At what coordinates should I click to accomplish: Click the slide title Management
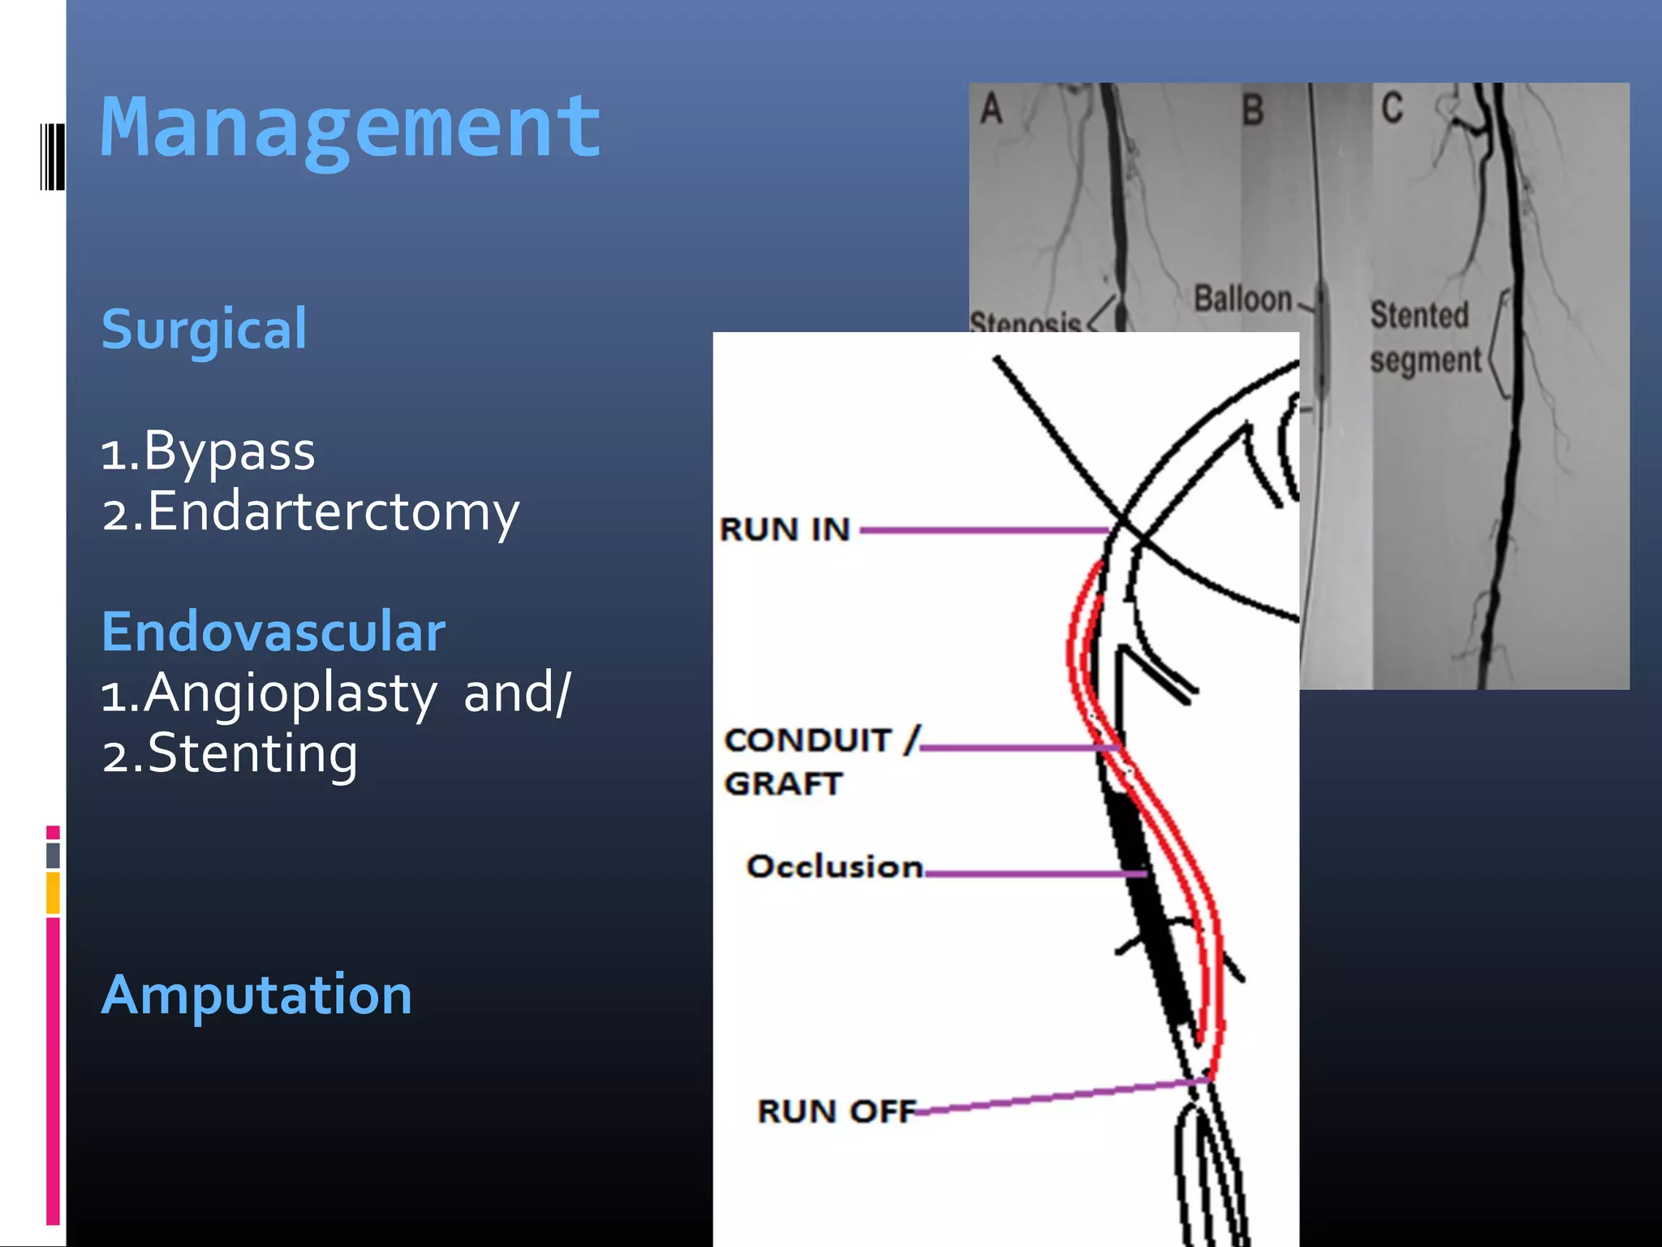[351, 128]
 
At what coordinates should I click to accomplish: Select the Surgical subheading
[205, 330]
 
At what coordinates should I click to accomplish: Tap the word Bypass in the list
[229, 451]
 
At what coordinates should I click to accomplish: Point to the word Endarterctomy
[333, 512]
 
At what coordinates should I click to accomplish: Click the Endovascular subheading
[273, 632]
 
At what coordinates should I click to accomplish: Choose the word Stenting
[252, 753]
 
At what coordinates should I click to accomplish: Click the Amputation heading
[256, 995]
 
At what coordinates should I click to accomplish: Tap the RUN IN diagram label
[785, 530]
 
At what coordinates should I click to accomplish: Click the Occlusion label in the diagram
[834, 867]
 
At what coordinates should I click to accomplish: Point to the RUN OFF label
[837, 1111]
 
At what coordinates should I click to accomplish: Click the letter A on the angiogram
[991, 109]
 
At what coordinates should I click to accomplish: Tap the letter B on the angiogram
[1253, 110]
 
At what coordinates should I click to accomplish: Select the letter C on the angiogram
[1392, 108]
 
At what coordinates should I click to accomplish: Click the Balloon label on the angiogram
[1242, 299]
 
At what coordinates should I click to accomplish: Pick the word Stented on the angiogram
[1419, 315]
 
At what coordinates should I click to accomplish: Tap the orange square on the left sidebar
[53, 892]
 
